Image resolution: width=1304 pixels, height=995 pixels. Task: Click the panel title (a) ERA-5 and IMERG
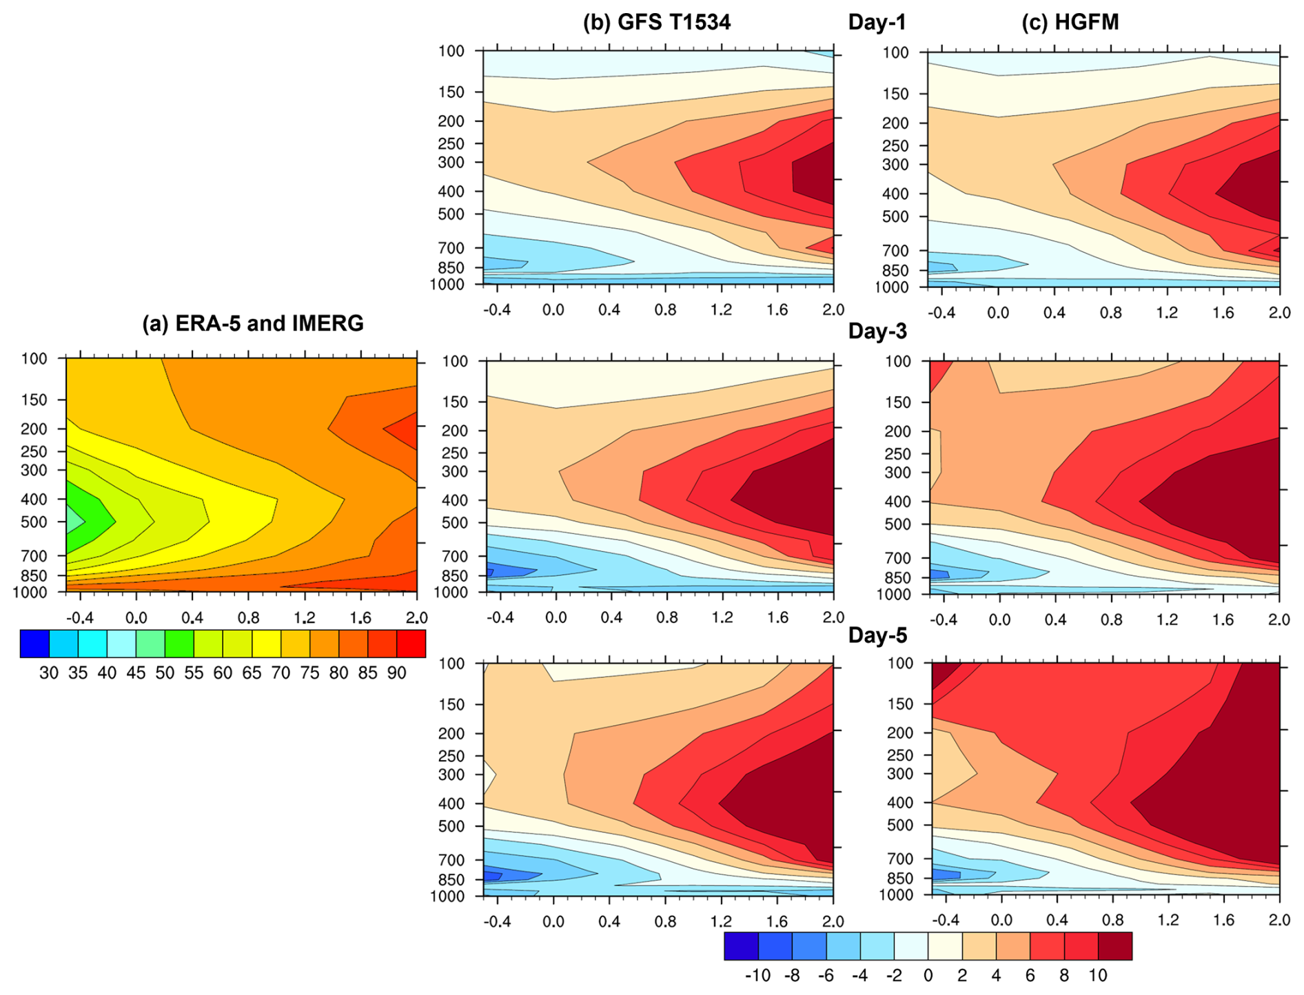(252, 323)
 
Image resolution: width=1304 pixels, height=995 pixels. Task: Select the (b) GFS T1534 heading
(656, 22)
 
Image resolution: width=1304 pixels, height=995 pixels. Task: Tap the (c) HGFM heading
(1070, 22)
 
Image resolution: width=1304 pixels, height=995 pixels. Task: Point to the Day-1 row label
(877, 22)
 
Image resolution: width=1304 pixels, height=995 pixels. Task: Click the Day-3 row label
(877, 331)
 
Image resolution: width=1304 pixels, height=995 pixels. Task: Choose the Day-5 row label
(877, 635)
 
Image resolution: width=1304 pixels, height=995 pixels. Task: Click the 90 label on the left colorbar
(396, 673)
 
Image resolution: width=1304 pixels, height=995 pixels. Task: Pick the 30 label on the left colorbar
(48, 673)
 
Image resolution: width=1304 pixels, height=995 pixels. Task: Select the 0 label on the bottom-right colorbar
(928, 976)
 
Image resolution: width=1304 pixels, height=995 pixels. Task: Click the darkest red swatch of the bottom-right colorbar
(1114, 945)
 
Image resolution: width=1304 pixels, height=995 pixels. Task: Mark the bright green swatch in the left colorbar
(179, 643)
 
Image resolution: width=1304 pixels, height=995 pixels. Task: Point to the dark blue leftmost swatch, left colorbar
(34, 643)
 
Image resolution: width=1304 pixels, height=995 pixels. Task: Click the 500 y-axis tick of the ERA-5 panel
(34, 522)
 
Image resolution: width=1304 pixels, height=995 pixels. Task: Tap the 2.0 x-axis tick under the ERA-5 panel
(416, 617)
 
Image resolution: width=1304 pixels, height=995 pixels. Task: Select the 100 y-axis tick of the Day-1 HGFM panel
(895, 52)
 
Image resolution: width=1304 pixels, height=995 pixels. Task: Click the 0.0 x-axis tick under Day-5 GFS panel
(553, 921)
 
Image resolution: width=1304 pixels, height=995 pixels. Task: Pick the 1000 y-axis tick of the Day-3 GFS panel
(451, 592)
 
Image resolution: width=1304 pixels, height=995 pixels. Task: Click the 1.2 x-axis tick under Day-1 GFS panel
(721, 309)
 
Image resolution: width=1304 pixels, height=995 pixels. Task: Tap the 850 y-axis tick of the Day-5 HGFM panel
(899, 879)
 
